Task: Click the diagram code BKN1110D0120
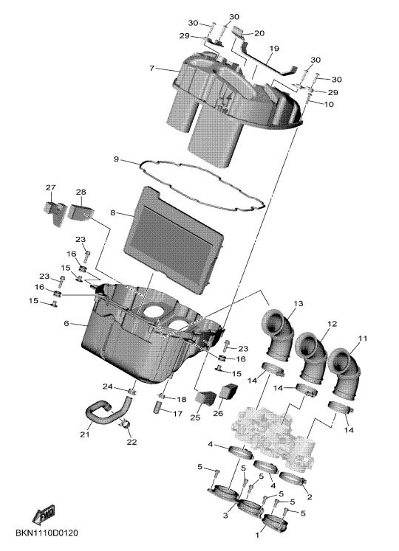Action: click(47, 533)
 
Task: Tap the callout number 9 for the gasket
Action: click(117, 159)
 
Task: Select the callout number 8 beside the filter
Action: click(113, 212)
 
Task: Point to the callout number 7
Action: click(151, 68)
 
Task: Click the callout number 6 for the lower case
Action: click(66, 323)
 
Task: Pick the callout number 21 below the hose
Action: click(84, 434)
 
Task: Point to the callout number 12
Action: click(332, 324)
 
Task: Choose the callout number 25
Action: click(195, 417)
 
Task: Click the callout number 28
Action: click(81, 192)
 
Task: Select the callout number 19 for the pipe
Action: click(274, 48)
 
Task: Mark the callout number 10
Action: click(329, 104)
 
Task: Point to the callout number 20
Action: click(259, 33)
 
